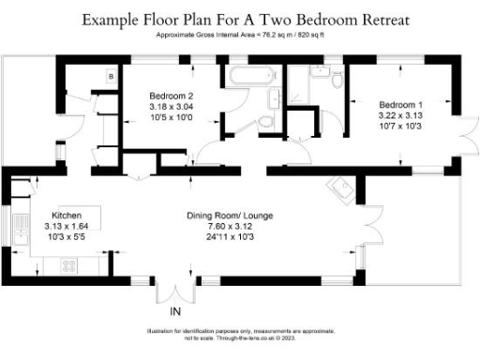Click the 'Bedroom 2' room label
pos(172,96)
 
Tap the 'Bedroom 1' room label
pos(400,104)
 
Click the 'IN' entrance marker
pos(174,311)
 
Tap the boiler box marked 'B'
pos(111,75)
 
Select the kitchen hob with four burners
pos(68,263)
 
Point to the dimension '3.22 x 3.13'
pos(400,114)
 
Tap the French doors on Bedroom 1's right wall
pos(466,132)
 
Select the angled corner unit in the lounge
pos(337,190)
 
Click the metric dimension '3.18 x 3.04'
pos(172,106)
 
